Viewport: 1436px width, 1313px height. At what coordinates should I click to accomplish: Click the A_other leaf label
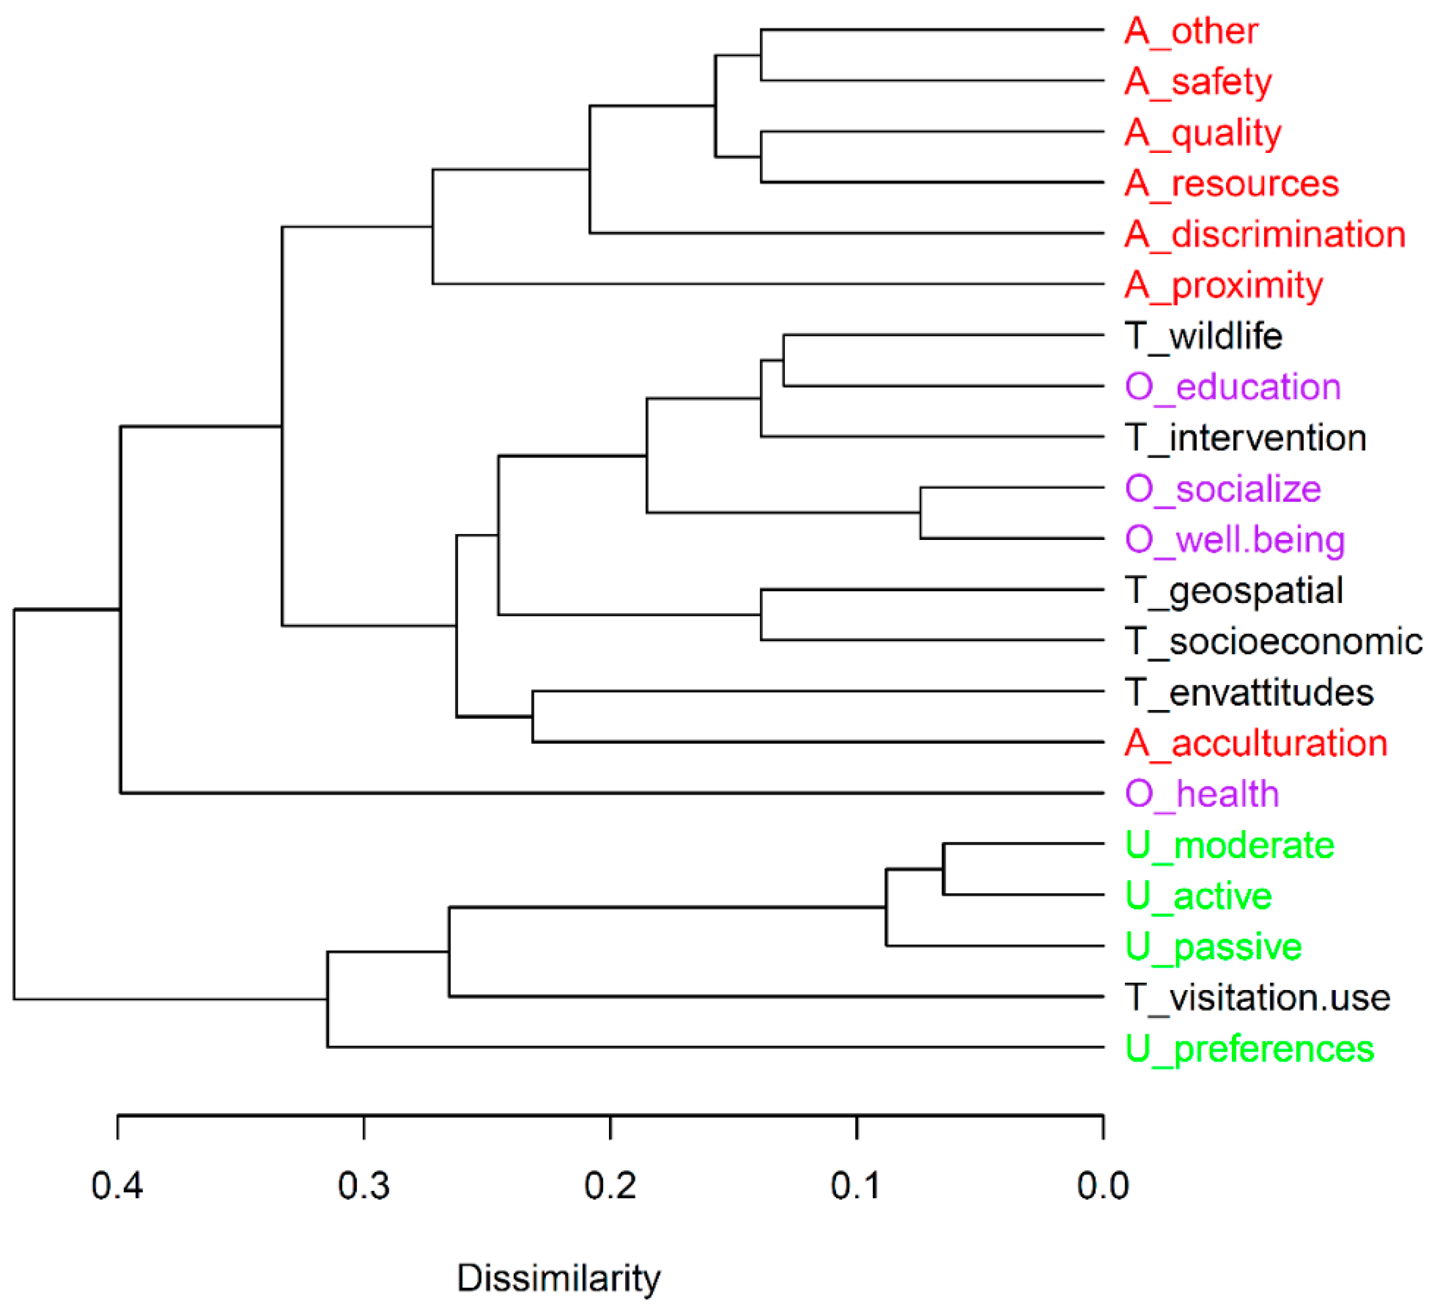[1192, 31]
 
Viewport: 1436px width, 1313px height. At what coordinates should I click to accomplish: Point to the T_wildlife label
[1204, 336]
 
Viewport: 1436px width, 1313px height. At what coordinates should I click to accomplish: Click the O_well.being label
[1235, 540]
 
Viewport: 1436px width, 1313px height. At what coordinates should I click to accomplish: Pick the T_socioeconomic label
[1273, 642]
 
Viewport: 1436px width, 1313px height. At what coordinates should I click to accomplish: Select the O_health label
[1202, 794]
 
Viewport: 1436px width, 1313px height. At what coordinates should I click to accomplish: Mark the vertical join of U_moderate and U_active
[944, 869]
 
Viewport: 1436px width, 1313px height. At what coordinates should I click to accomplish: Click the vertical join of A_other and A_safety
[761, 55]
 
